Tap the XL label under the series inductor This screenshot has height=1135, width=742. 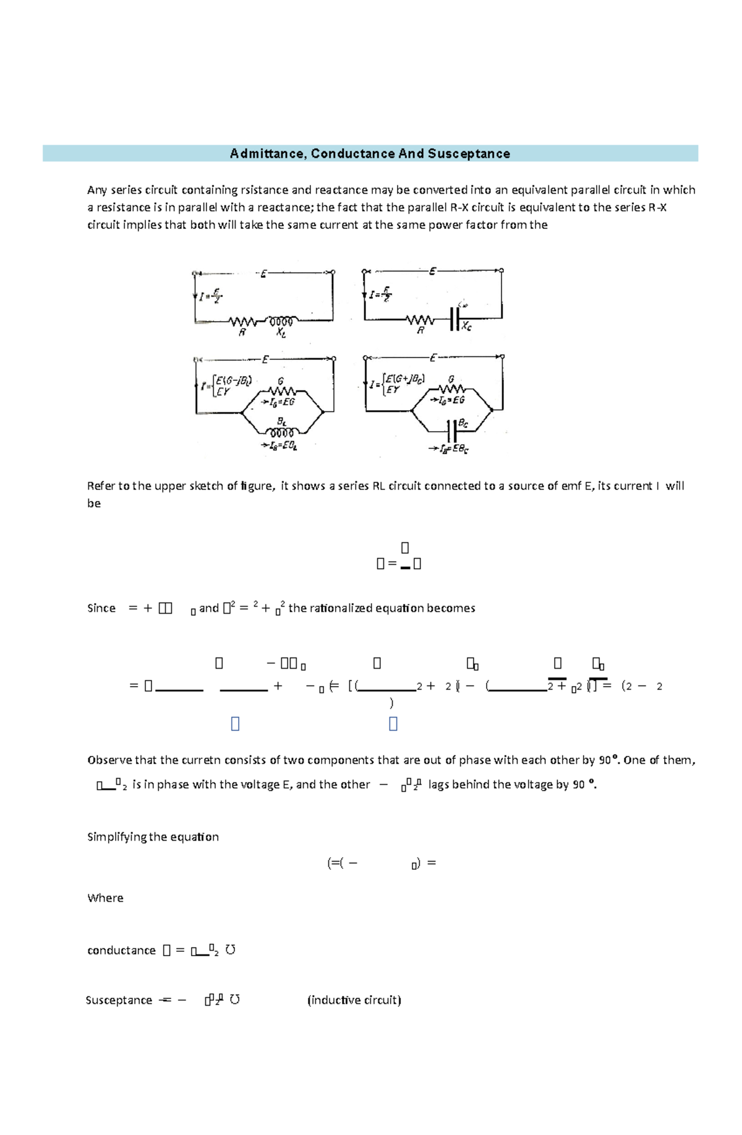pyautogui.click(x=281, y=333)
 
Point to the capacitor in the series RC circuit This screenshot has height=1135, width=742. pyautogui.click(x=455, y=320)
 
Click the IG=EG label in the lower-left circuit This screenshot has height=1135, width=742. pyautogui.click(x=279, y=402)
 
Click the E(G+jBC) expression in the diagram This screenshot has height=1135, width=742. pyautogui.click(x=405, y=379)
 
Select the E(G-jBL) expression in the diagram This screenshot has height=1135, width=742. pyautogui.click(x=234, y=380)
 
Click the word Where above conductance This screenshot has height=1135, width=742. pyautogui.click(x=105, y=898)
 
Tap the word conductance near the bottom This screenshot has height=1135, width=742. pyautogui.click(x=121, y=951)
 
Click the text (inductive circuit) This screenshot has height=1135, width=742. pyautogui.click(x=354, y=1000)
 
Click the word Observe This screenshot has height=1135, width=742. pyautogui.click(x=109, y=760)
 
